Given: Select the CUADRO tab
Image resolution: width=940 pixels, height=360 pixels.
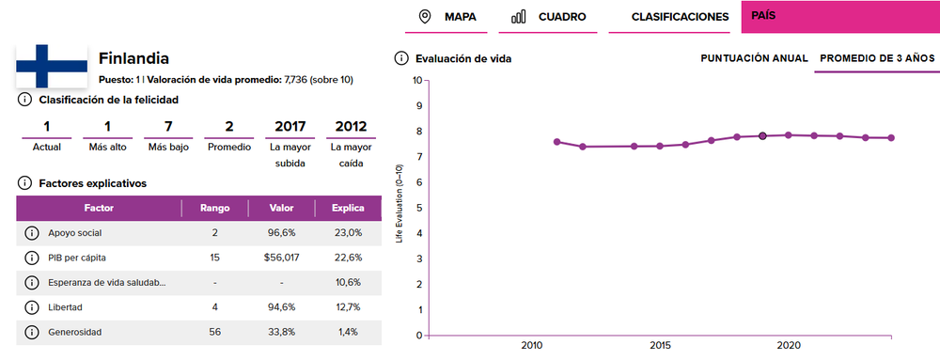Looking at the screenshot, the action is (548, 17).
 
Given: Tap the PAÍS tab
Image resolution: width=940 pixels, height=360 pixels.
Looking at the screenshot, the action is (840, 17).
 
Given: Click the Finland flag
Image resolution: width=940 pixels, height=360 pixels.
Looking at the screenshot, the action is (52, 66).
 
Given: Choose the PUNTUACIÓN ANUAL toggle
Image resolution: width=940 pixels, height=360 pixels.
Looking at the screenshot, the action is (754, 58).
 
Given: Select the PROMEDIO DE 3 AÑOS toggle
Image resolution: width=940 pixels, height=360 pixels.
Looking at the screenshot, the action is (877, 58).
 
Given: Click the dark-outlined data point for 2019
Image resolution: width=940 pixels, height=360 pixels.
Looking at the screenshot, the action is (762, 136).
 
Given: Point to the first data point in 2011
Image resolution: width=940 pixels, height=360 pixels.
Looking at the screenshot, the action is (556, 142).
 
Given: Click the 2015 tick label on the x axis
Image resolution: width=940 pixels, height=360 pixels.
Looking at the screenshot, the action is (660, 346).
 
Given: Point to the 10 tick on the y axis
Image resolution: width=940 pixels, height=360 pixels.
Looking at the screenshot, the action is (417, 80).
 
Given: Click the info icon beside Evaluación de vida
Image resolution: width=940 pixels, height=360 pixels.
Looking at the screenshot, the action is (400, 58).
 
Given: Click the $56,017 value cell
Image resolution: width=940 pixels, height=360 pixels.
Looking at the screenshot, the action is (281, 258).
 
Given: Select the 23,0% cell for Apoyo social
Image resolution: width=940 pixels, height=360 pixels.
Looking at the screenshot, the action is (348, 232).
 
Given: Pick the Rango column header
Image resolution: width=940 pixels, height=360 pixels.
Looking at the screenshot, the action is (214, 208).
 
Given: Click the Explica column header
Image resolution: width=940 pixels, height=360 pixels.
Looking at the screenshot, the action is (348, 208).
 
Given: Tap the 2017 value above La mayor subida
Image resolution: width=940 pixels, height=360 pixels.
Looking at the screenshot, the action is (290, 126).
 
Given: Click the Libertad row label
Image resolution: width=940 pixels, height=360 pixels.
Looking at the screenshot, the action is (66, 307).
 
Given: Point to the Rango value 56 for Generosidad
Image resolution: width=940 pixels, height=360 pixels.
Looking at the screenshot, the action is (214, 332).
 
